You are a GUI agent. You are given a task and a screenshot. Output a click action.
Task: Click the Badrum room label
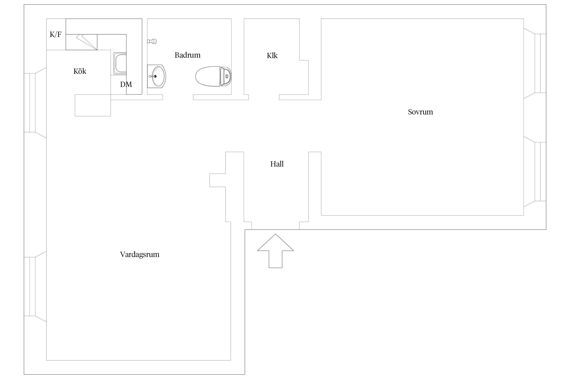pos(187,55)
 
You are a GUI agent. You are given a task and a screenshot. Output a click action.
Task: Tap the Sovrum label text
pos(420,112)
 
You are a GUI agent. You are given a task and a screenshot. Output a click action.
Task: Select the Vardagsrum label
pos(140,254)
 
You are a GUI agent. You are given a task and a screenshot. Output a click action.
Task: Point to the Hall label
pos(277,164)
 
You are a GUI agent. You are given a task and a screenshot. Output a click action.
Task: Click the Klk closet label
pos(272,56)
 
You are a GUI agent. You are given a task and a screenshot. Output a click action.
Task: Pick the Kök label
pos(80,71)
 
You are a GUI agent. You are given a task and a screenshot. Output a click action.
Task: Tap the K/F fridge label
pos(56,34)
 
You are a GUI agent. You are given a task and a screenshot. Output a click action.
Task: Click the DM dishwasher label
pos(126,84)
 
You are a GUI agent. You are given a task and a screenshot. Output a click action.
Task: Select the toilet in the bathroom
pos(214,76)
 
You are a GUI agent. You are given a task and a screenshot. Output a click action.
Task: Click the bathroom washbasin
pos(157,76)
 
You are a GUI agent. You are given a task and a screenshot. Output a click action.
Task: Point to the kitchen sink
pos(120,63)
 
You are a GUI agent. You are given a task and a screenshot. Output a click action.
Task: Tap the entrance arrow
pos(275,251)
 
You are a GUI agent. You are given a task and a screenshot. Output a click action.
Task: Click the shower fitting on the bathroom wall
pos(152,41)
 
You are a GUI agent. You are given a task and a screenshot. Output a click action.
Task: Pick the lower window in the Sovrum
pos(535,172)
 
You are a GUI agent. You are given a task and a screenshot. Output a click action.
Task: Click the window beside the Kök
pos(35,103)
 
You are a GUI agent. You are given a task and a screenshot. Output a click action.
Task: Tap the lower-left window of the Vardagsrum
pos(35,287)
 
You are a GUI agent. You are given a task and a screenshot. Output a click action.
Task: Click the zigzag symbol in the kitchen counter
pos(87,42)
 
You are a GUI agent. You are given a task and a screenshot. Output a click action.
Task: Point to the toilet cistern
pos(226,76)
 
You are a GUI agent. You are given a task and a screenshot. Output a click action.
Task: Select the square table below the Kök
pos(93,105)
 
